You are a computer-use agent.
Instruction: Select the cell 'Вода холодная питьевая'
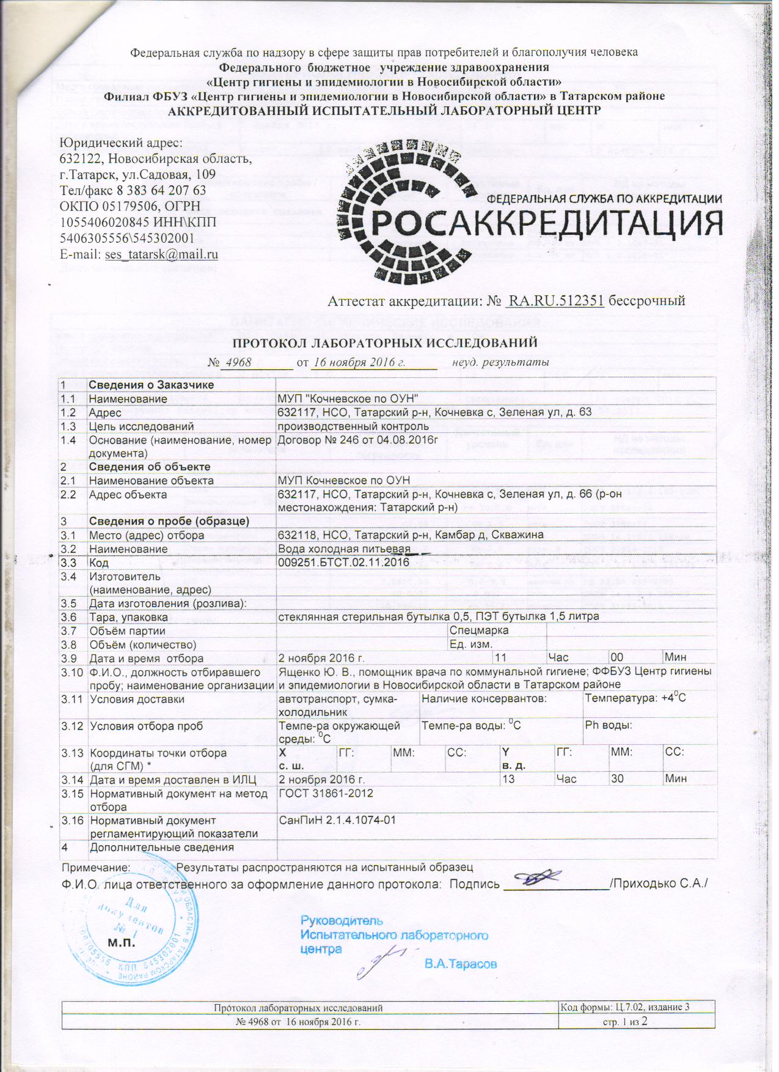tap(343, 549)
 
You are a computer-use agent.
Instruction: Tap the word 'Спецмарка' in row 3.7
tap(479, 630)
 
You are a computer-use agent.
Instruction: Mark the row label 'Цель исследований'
tap(142, 426)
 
